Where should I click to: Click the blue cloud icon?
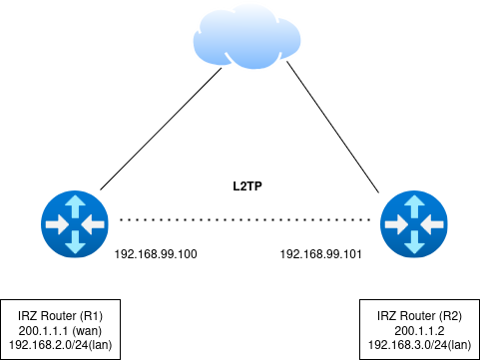pyautogui.click(x=246, y=37)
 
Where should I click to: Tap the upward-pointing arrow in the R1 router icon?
pyautogui.click(x=75, y=207)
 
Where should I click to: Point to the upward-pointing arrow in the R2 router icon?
pyautogui.click(x=414, y=207)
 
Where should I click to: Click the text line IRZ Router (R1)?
pyautogui.click(x=61, y=316)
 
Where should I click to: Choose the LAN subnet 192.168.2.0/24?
pyautogui.click(x=44, y=344)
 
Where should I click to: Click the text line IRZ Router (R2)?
pyautogui.click(x=420, y=316)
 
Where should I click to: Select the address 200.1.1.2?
pyautogui.click(x=420, y=330)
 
